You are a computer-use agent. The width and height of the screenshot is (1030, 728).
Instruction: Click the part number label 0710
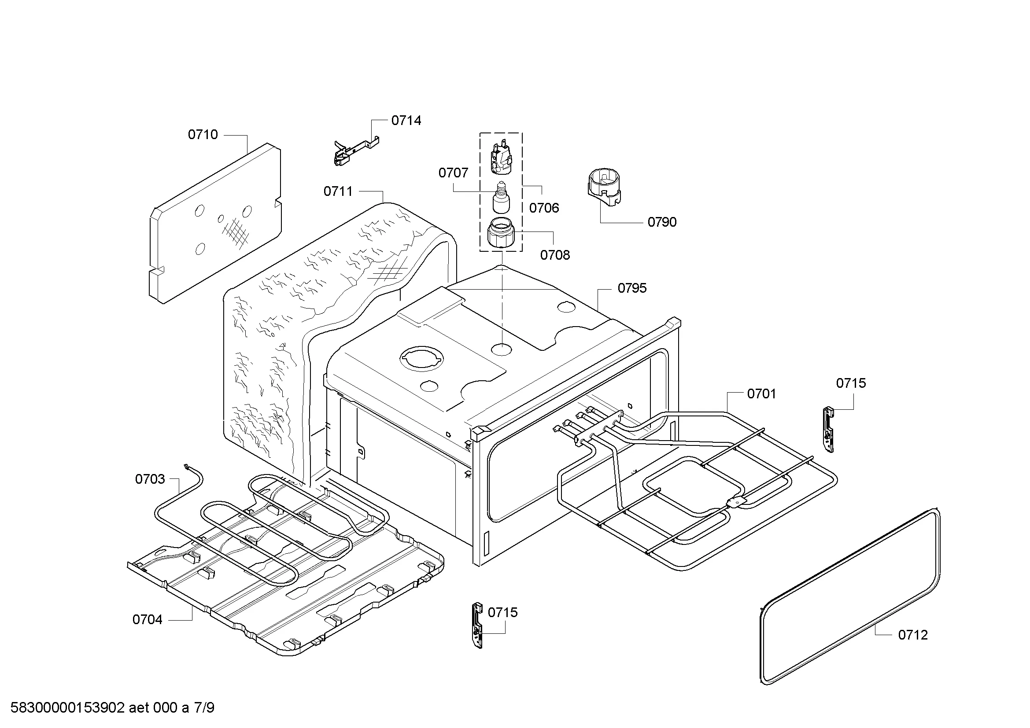[x=202, y=135]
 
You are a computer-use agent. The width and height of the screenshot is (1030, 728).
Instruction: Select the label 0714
[x=406, y=120]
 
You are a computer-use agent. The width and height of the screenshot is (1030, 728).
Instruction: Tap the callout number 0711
[x=338, y=191]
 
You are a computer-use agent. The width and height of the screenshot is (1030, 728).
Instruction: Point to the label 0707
[x=453, y=173]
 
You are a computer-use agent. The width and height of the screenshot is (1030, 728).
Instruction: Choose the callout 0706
[x=544, y=208]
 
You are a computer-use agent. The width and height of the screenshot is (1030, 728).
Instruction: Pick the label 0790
[x=662, y=222]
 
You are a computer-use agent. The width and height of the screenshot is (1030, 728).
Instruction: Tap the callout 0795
[x=631, y=288]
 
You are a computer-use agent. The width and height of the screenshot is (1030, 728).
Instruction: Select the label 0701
[x=761, y=393]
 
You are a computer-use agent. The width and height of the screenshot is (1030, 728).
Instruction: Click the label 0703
[x=150, y=479]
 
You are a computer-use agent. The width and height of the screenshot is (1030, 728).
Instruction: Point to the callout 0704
[x=147, y=620]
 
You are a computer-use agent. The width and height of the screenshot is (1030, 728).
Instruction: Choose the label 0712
[x=912, y=635]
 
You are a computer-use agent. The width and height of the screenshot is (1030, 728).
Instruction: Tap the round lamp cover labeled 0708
[x=501, y=232]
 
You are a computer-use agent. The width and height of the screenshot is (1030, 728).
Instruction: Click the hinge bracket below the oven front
[x=477, y=625]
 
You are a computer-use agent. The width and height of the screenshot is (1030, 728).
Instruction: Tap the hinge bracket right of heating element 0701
[x=829, y=429]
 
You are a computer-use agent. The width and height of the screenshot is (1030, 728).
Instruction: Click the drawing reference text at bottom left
[x=112, y=708]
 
